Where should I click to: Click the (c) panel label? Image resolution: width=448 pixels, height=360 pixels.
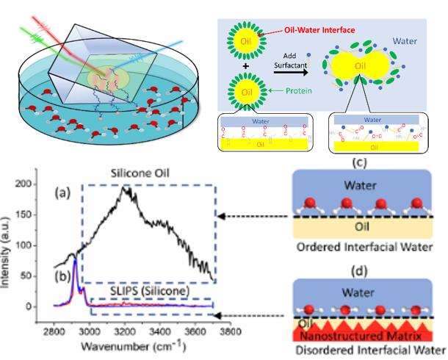pyautogui.click(x=360, y=162)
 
